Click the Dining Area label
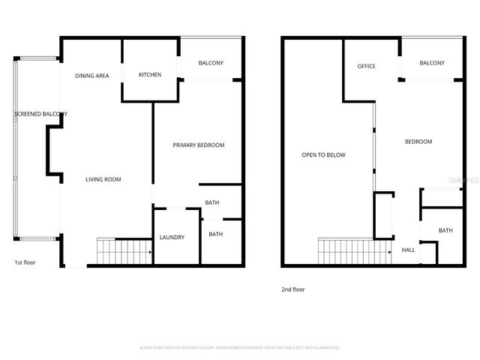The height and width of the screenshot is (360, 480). [93, 76]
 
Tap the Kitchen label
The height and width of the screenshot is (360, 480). [150, 75]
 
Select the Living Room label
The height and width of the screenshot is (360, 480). [103, 179]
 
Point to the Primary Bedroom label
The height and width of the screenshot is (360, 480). [199, 145]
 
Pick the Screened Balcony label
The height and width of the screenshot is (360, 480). [40, 114]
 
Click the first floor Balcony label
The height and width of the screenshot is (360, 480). [211, 63]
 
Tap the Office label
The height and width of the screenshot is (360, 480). [366, 67]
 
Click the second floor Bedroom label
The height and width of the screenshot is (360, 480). [418, 142]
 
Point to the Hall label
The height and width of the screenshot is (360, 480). [409, 250]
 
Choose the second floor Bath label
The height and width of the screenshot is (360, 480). [445, 230]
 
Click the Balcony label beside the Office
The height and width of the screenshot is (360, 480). [432, 63]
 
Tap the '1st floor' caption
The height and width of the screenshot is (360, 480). [25, 262]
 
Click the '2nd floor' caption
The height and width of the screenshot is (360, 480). [293, 289]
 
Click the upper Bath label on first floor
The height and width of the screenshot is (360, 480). [212, 202]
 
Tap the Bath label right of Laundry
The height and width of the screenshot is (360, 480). [216, 234]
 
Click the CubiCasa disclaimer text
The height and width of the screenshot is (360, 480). [240, 348]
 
